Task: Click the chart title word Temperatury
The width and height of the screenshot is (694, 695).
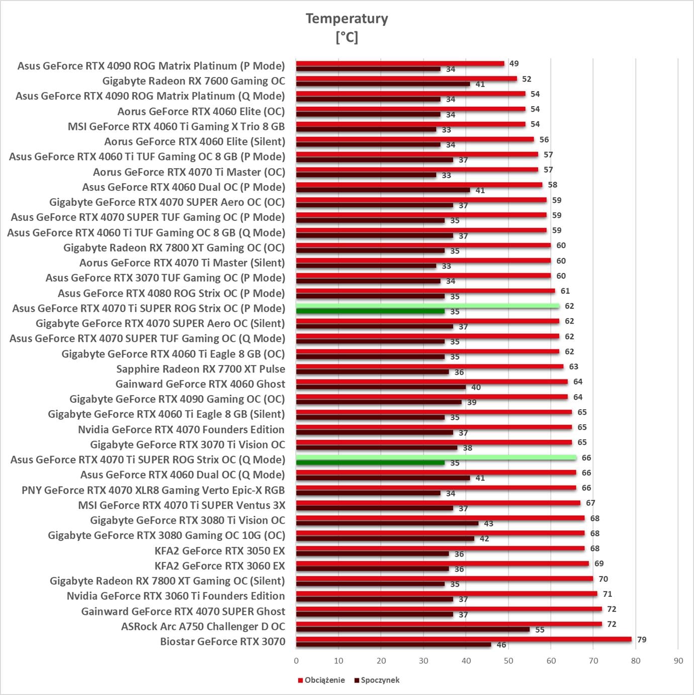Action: click(x=346, y=19)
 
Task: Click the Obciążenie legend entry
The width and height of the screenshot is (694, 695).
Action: click(x=324, y=680)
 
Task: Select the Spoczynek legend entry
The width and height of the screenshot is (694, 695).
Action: click(x=380, y=680)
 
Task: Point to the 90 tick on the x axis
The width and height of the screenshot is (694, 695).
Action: click(x=678, y=661)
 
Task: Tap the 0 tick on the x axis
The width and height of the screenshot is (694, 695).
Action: click(x=296, y=661)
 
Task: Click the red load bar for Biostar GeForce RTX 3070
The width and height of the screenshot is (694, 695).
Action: click(x=463, y=639)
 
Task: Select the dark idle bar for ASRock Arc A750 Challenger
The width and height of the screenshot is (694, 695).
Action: click(x=412, y=630)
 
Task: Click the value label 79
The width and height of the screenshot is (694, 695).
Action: click(x=642, y=640)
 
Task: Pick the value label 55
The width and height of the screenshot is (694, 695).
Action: click(x=540, y=630)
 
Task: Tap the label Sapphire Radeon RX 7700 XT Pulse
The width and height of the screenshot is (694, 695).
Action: click(x=200, y=369)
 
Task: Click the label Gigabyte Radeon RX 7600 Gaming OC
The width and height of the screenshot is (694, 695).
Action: click(x=193, y=81)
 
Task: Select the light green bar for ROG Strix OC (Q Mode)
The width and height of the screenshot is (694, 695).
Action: click(x=436, y=457)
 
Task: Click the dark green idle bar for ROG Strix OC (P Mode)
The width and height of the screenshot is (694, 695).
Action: click(x=370, y=312)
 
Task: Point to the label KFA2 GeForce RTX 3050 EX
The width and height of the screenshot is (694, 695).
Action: click(x=219, y=551)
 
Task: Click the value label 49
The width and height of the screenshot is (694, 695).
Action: click(x=514, y=64)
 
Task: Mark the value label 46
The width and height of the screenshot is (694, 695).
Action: click(x=501, y=645)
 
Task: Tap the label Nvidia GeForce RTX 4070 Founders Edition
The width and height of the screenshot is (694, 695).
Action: click(x=181, y=429)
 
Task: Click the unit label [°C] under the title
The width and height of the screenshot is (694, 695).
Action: click(x=346, y=37)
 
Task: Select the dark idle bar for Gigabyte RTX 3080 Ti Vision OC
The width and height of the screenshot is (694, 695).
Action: click(x=387, y=523)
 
